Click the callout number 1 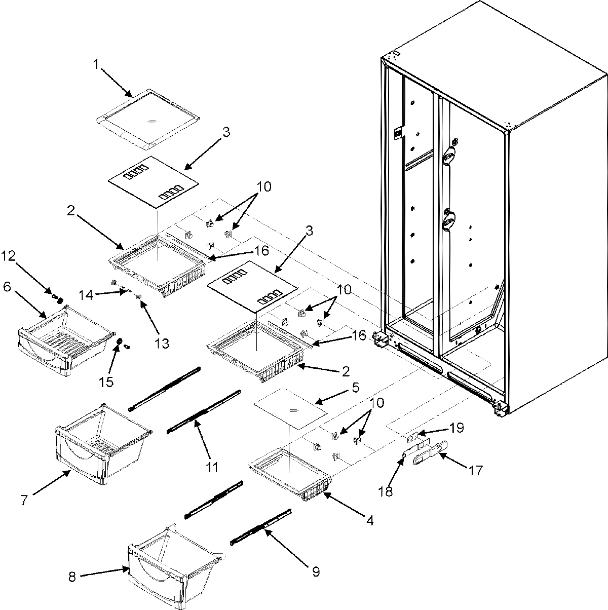96,65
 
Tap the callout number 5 356,388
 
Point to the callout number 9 316,572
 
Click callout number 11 212,467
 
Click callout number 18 386,491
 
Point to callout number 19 457,428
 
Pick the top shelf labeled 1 147,119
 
